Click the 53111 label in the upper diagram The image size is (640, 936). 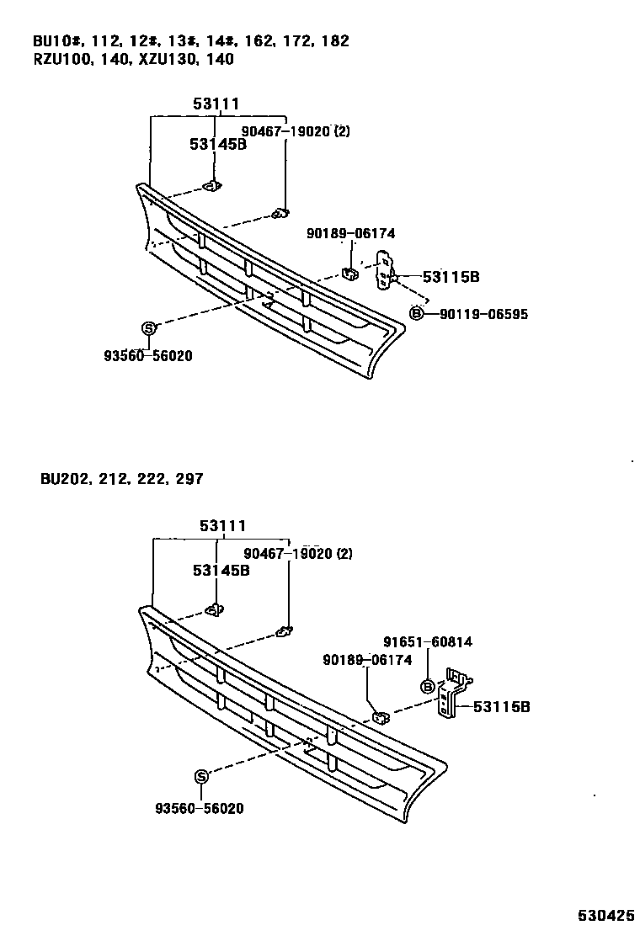click(216, 104)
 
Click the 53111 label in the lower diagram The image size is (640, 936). click(223, 526)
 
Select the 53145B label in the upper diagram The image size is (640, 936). click(217, 144)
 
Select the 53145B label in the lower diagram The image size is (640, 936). click(221, 570)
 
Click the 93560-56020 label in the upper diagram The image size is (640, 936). click(148, 356)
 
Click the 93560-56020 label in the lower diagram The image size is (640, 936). click(200, 808)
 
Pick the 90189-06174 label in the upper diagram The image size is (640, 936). click(350, 234)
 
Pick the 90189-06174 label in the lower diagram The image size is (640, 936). click(367, 661)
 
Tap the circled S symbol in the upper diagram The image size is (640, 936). click(147, 328)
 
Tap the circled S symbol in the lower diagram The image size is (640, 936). click(200, 777)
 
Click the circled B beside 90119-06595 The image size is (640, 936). click(416, 314)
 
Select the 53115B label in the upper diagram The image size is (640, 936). click(451, 276)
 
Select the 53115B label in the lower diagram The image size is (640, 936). click(501, 706)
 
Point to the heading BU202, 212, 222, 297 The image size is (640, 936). click(121, 479)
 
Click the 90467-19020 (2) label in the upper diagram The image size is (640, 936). click(296, 131)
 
